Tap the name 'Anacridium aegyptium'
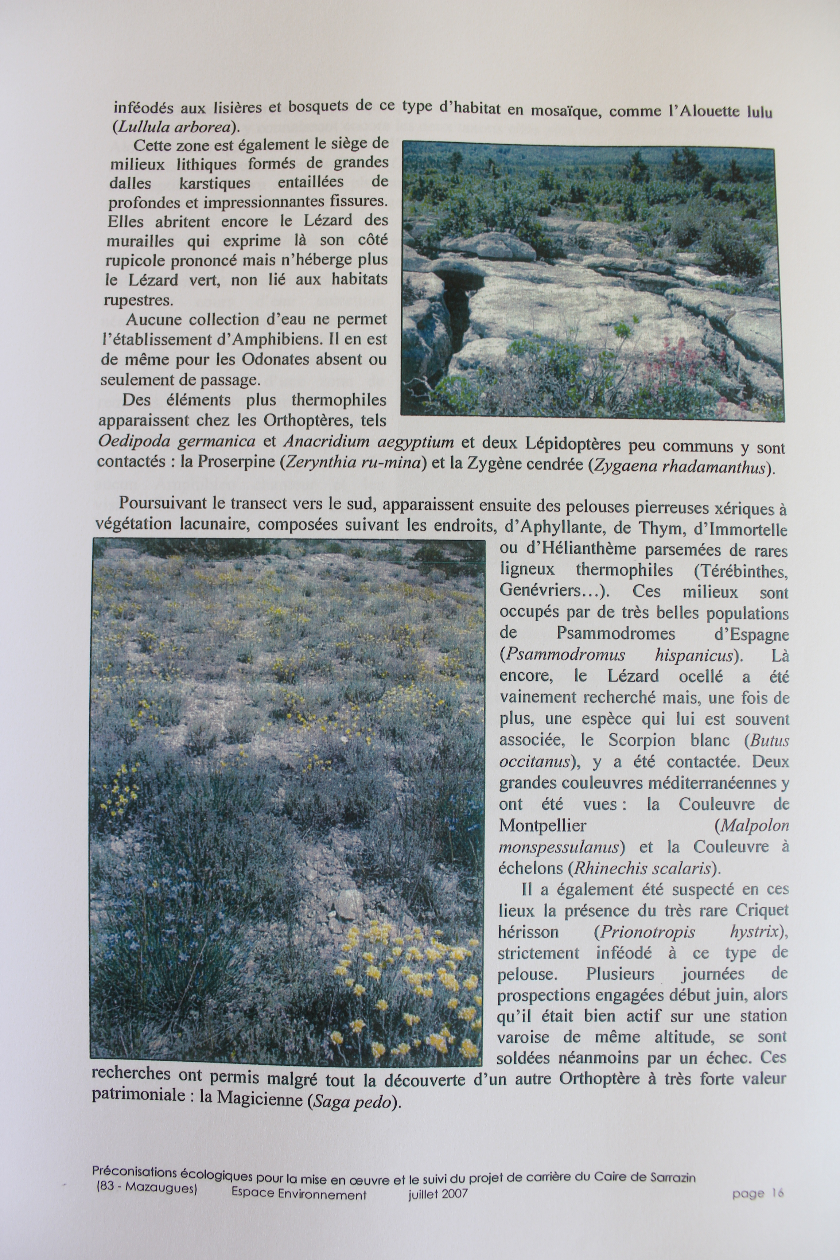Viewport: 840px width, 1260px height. pos(369,443)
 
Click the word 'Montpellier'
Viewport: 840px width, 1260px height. pos(542,825)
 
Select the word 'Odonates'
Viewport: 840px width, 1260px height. pos(275,359)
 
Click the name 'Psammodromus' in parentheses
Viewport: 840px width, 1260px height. pos(565,655)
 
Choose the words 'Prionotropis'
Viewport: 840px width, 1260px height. pos(647,932)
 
